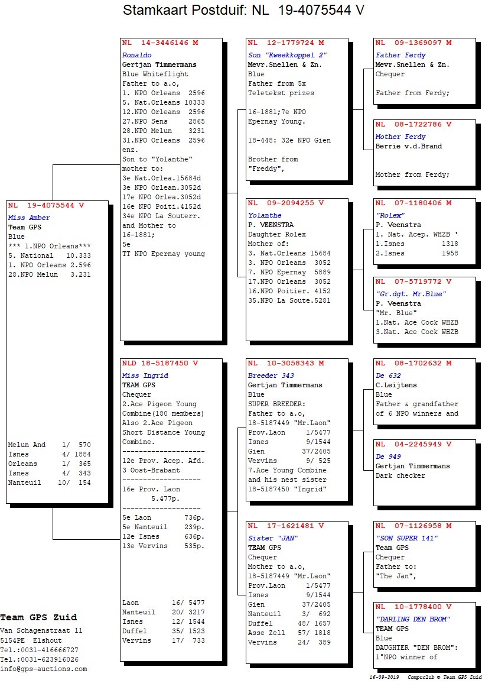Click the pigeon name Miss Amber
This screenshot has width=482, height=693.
29,218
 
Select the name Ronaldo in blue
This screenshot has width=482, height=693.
137,55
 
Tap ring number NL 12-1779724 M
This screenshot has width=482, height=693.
286,43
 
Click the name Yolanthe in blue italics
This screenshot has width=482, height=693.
265,215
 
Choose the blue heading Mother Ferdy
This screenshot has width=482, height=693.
401,137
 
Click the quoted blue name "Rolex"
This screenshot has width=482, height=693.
390,215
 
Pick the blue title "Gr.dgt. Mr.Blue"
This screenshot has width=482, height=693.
411,294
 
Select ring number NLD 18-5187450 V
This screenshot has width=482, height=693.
160,363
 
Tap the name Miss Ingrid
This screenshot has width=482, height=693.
145,375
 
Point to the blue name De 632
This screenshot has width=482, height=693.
389,375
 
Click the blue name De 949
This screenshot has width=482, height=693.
389,456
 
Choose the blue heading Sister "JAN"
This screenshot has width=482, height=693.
273,538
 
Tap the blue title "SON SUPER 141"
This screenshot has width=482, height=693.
407,538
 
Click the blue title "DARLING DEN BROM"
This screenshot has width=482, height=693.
413,619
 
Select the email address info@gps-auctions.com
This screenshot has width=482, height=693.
44,669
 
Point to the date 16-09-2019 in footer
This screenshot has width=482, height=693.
384,677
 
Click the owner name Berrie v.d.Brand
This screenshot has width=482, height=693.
409,146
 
